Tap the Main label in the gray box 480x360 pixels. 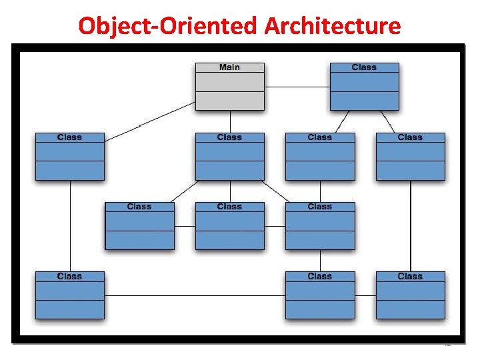click(x=229, y=67)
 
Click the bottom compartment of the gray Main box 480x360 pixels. click(x=229, y=101)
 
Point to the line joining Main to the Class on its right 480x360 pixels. click(x=297, y=87)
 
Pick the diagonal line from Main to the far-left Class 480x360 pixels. click(x=151, y=121)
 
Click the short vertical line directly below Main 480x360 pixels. click(x=230, y=121)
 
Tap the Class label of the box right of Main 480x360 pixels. click(x=364, y=67)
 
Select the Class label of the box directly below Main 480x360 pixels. click(x=229, y=137)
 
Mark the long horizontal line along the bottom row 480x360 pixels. click(x=195, y=295)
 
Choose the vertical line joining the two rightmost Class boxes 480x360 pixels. click(x=411, y=225)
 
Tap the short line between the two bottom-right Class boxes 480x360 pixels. click(x=365, y=295)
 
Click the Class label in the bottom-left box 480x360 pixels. click(x=69, y=276)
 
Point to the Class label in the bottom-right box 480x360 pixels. click(x=410, y=276)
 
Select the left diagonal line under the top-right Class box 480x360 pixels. click(x=342, y=121)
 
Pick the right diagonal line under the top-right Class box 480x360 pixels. click(x=387, y=121)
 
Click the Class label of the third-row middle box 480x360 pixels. click(x=229, y=207)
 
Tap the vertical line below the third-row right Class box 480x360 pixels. click(x=321, y=260)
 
